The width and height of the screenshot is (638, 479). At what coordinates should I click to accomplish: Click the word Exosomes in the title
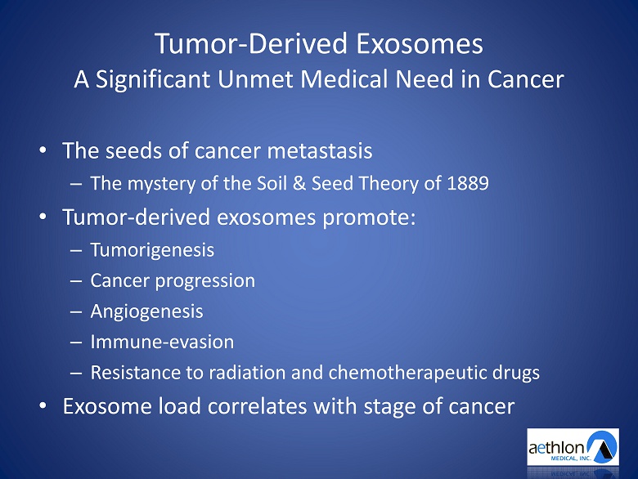(x=420, y=43)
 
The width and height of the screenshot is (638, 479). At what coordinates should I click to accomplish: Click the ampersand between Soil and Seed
(x=299, y=183)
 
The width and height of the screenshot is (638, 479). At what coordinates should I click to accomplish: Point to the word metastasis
(x=319, y=151)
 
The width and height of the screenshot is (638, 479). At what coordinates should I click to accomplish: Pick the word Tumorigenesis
(x=152, y=250)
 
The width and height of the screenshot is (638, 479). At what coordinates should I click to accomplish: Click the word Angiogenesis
(x=146, y=312)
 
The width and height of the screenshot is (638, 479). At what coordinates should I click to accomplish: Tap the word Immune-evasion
(x=162, y=342)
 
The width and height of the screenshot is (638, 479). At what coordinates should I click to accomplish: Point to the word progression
(x=205, y=281)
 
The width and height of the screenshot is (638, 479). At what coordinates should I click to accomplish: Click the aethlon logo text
(x=556, y=448)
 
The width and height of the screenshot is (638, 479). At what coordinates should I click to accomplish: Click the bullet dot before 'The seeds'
(x=43, y=150)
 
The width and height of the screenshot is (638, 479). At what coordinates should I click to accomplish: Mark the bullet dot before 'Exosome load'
(x=43, y=405)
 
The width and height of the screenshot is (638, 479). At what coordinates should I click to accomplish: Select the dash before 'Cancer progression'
(x=76, y=281)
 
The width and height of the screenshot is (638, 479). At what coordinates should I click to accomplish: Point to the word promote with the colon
(x=369, y=217)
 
